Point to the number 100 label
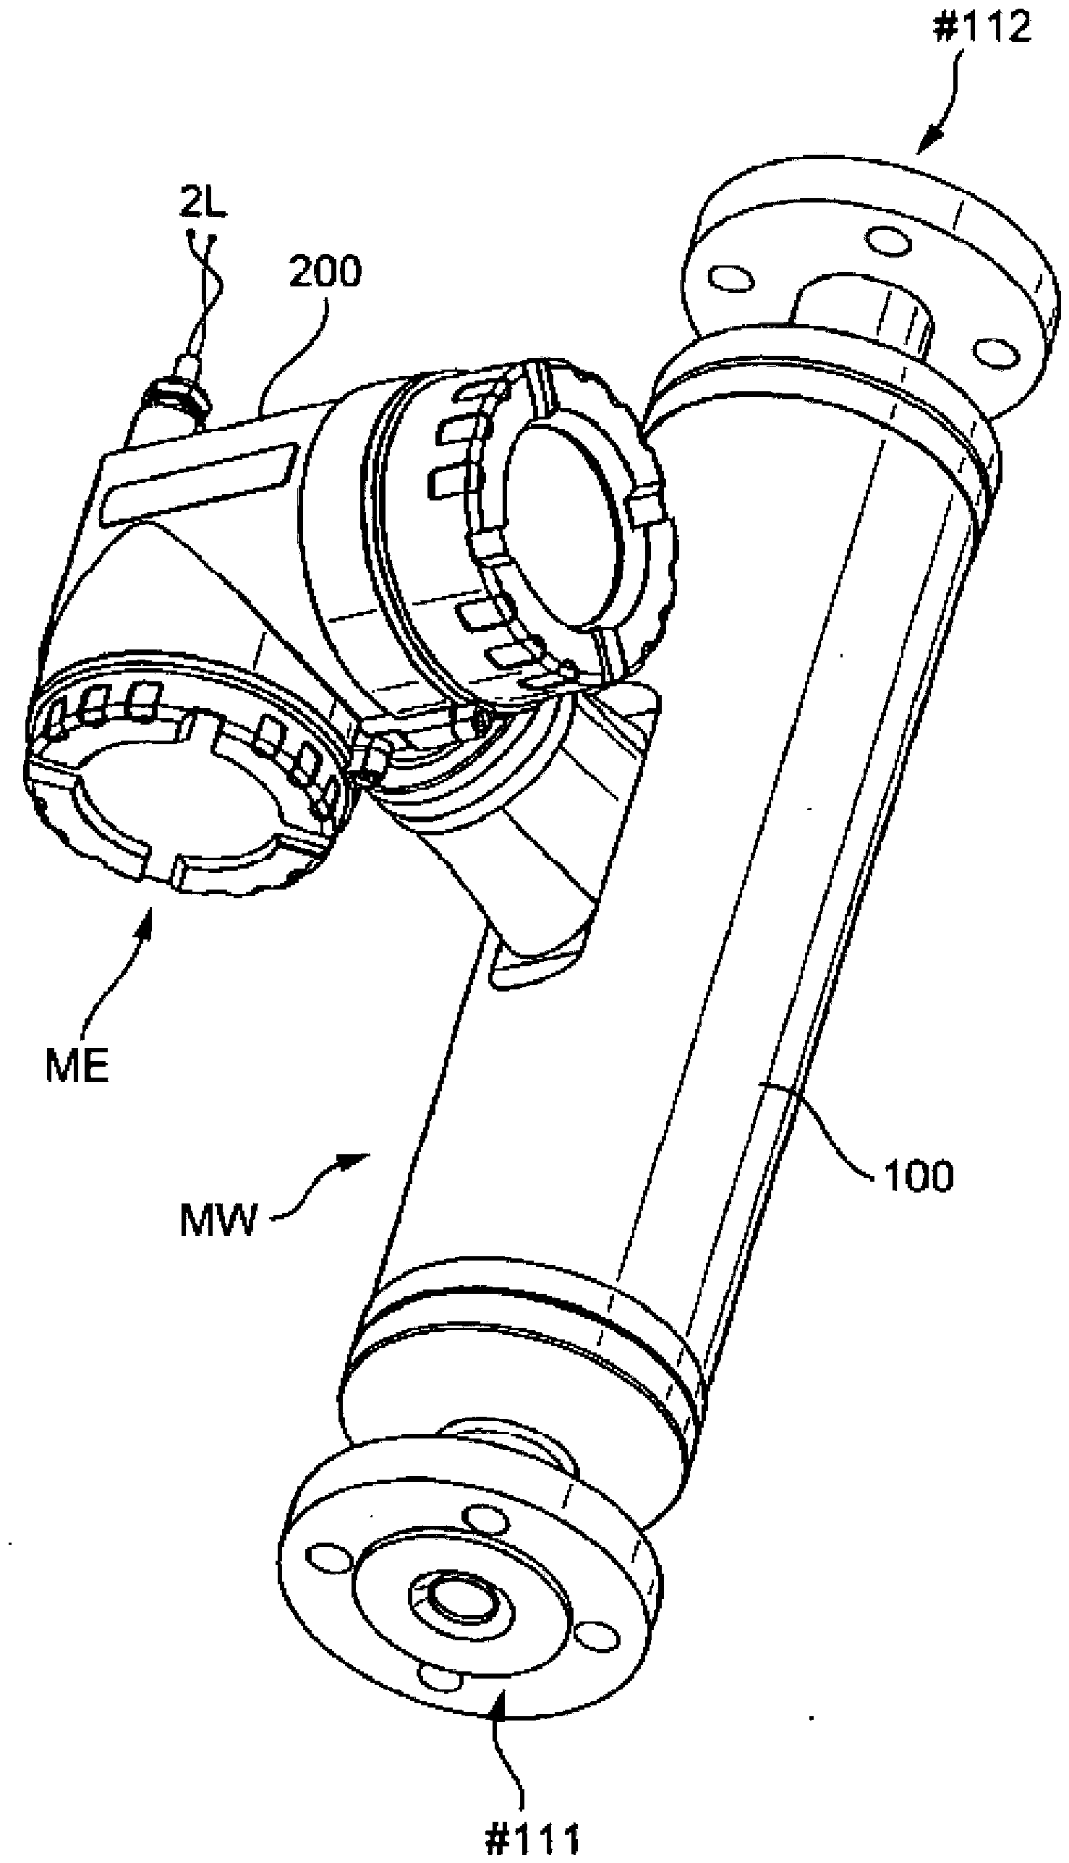[919, 1177]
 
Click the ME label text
[77, 1067]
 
